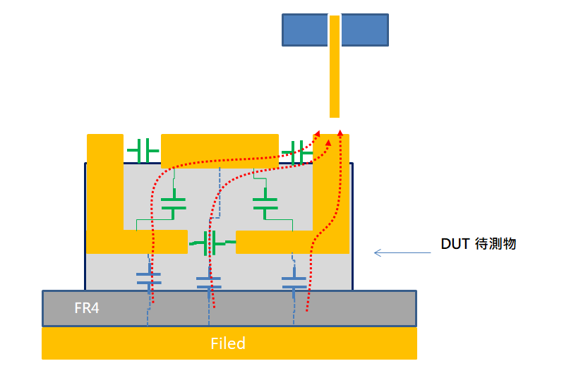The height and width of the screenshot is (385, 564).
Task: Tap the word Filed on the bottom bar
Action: tap(228, 343)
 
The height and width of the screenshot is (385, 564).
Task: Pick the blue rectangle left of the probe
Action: tap(305, 30)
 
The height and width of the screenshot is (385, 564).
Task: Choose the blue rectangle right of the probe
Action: tap(364, 30)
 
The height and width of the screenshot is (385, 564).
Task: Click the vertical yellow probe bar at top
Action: tap(335, 67)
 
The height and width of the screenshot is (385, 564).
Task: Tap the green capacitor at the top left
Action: tap(143, 150)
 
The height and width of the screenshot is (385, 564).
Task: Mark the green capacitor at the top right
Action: tap(297, 150)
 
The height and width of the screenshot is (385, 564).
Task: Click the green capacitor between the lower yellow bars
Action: tap(210, 243)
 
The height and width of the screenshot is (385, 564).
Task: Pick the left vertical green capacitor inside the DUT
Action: tap(173, 204)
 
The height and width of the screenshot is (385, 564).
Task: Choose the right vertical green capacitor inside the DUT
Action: tap(265, 204)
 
